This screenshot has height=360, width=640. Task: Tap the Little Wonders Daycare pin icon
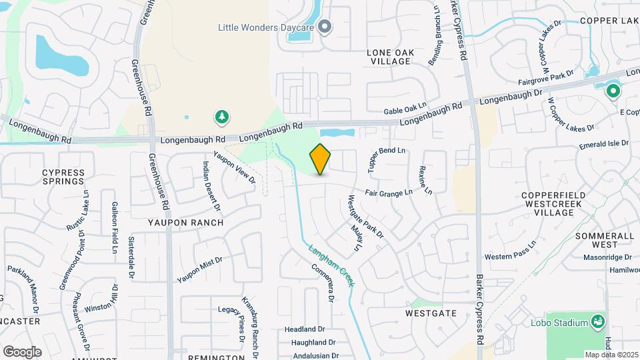click(325, 27)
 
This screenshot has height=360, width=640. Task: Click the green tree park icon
click(221, 118)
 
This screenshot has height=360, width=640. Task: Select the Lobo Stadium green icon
click(599, 323)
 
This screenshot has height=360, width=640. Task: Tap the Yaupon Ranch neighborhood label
click(186, 223)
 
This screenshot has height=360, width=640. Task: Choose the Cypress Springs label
click(63, 177)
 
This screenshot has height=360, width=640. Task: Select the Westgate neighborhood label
click(431, 313)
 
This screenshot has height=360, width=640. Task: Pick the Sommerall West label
click(603, 241)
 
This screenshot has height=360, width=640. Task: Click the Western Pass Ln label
click(510, 253)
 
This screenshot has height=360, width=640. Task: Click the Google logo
click(22, 351)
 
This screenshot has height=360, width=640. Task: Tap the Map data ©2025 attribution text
click(611, 355)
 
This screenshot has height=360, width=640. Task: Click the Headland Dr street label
click(304, 329)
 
